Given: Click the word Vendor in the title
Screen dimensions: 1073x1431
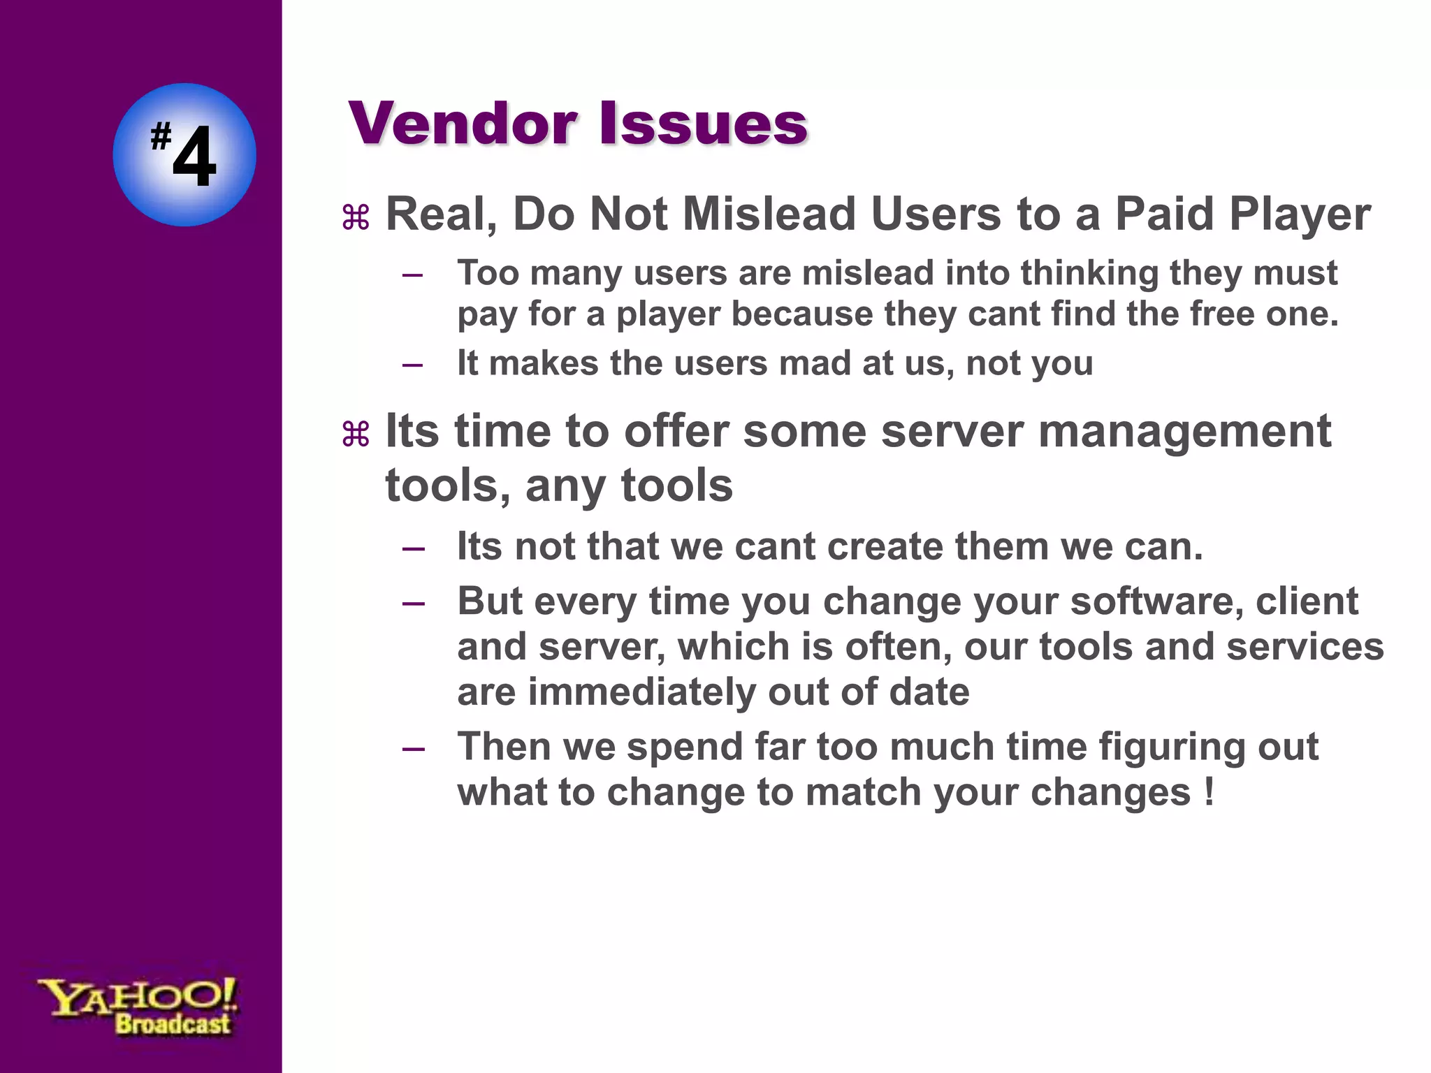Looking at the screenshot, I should tap(463, 124).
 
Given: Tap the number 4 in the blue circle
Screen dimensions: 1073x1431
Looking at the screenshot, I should tap(194, 158).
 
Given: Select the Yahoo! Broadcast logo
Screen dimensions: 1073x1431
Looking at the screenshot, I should tap(138, 1006).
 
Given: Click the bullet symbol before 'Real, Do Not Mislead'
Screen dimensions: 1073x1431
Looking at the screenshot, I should tap(356, 218).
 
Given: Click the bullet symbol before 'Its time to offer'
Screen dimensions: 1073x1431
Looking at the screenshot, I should tap(356, 435).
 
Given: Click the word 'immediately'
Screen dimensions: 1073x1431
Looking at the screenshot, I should tap(641, 692).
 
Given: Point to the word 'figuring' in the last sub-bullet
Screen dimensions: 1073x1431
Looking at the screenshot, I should tap(1172, 747).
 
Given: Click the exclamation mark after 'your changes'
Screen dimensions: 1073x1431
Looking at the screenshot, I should tap(1210, 791).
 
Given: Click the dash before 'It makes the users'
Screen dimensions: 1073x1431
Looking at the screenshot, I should tap(413, 364).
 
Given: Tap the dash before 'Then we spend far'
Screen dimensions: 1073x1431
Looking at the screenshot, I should tap(413, 748).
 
